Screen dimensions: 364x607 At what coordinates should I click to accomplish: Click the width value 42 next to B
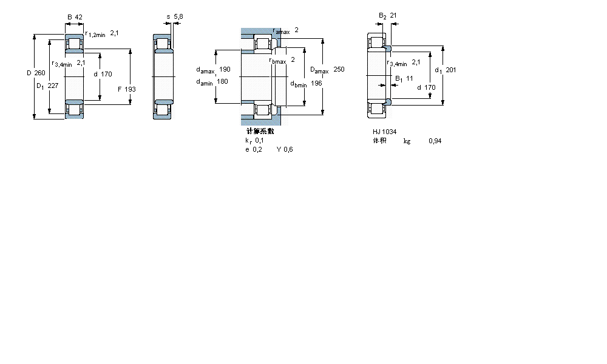[x=78, y=17]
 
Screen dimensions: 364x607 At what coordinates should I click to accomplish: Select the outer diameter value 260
[x=39, y=73]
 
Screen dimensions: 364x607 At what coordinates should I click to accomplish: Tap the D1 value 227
[x=53, y=86]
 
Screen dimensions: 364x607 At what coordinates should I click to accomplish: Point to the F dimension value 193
[x=131, y=89]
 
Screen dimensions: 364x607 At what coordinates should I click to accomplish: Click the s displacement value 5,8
[x=177, y=17]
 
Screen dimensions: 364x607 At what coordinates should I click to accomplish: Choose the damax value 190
[x=225, y=69]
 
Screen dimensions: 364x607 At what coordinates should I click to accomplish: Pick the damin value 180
[x=222, y=82]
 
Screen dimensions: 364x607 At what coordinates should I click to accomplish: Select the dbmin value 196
[x=316, y=83]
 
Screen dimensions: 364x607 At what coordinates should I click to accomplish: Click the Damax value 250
[x=339, y=70]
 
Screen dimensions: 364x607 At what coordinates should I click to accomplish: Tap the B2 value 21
[x=393, y=15]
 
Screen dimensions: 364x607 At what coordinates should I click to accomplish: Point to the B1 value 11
[x=409, y=78]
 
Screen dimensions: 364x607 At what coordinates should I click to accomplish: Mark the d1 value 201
[x=450, y=70]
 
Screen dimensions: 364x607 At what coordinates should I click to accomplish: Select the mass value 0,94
[x=435, y=141]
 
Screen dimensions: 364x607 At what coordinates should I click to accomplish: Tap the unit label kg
[x=407, y=141]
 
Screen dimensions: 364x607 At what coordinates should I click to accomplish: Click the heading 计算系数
[x=260, y=131]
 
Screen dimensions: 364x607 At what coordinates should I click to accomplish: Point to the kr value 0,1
[x=259, y=140]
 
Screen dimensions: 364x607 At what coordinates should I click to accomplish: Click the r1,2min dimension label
[x=95, y=34]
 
